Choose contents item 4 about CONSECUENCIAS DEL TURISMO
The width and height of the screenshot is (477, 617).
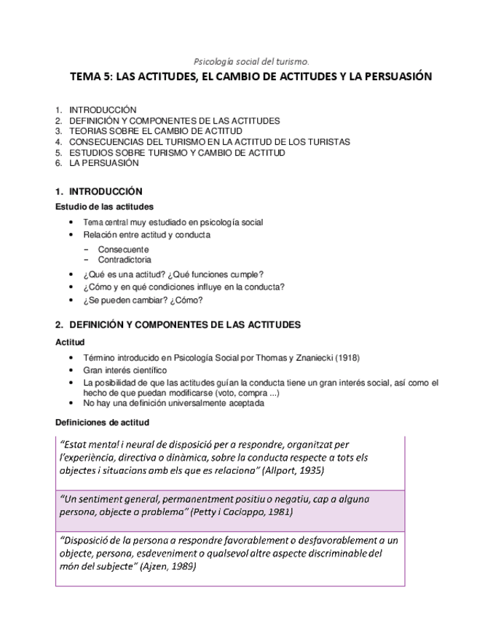[209, 142]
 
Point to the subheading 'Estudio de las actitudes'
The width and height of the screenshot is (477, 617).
[105, 207]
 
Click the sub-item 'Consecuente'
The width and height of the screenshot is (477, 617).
[123, 249]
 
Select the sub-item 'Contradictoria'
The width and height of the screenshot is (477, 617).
[125, 259]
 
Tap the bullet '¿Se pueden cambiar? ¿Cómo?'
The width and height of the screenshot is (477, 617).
[143, 300]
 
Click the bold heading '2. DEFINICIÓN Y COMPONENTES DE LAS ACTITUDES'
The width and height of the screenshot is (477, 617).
[178, 325]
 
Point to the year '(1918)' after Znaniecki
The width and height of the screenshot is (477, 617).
[346, 357]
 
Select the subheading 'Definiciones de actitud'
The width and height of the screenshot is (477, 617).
[102, 422]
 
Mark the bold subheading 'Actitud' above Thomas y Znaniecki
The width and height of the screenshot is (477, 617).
[70, 341]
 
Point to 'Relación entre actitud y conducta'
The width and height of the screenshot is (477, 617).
[146, 235]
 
